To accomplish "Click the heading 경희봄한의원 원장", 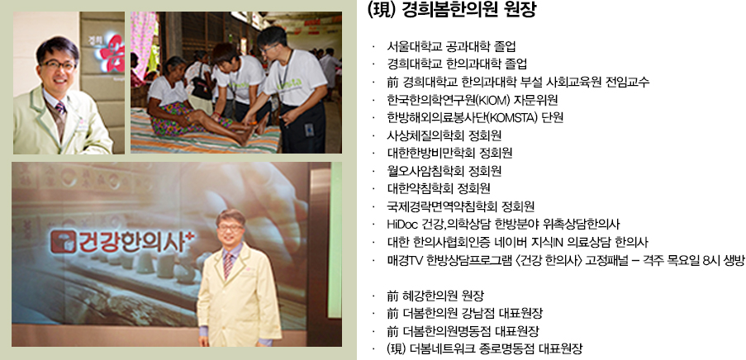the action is [x=453, y=10].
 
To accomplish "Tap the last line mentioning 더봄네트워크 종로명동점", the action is [x=485, y=348].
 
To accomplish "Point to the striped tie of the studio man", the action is [x=229, y=265].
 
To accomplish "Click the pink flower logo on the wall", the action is [x=111, y=52].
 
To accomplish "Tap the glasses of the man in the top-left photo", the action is [x=59, y=64].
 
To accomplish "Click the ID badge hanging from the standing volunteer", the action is [x=309, y=130].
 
